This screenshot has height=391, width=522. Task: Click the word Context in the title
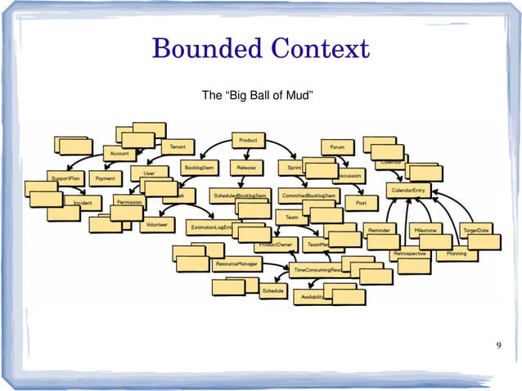pyautogui.click(x=318, y=49)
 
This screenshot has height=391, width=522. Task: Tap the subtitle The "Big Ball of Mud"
pyautogui.click(x=258, y=97)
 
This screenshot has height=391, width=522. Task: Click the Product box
pyautogui.click(x=247, y=140)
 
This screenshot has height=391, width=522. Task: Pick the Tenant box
pyautogui.click(x=177, y=146)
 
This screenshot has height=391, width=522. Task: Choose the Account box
pyautogui.click(x=119, y=154)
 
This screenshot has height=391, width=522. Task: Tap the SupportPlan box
pyautogui.click(x=65, y=177)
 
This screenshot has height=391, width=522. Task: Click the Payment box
pyautogui.click(x=104, y=177)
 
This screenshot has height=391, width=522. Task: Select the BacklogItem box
pyautogui.click(x=199, y=167)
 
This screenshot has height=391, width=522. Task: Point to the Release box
pyautogui.click(x=245, y=167)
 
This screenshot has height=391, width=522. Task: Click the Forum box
pyautogui.click(x=337, y=147)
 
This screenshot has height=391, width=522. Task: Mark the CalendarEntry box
pyautogui.click(x=408, y=190)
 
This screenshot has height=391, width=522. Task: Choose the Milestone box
pyautogui.click(x=425, y=230)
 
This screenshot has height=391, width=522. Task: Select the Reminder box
pyautogui.click(x=378, y=230)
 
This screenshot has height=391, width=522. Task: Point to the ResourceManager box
pyautogui.click(x=237, y=264)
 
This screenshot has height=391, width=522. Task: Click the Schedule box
pyautogui.click(x=272, y=290)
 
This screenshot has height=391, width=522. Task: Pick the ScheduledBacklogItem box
pyautogui.click(x=240, y=196)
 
